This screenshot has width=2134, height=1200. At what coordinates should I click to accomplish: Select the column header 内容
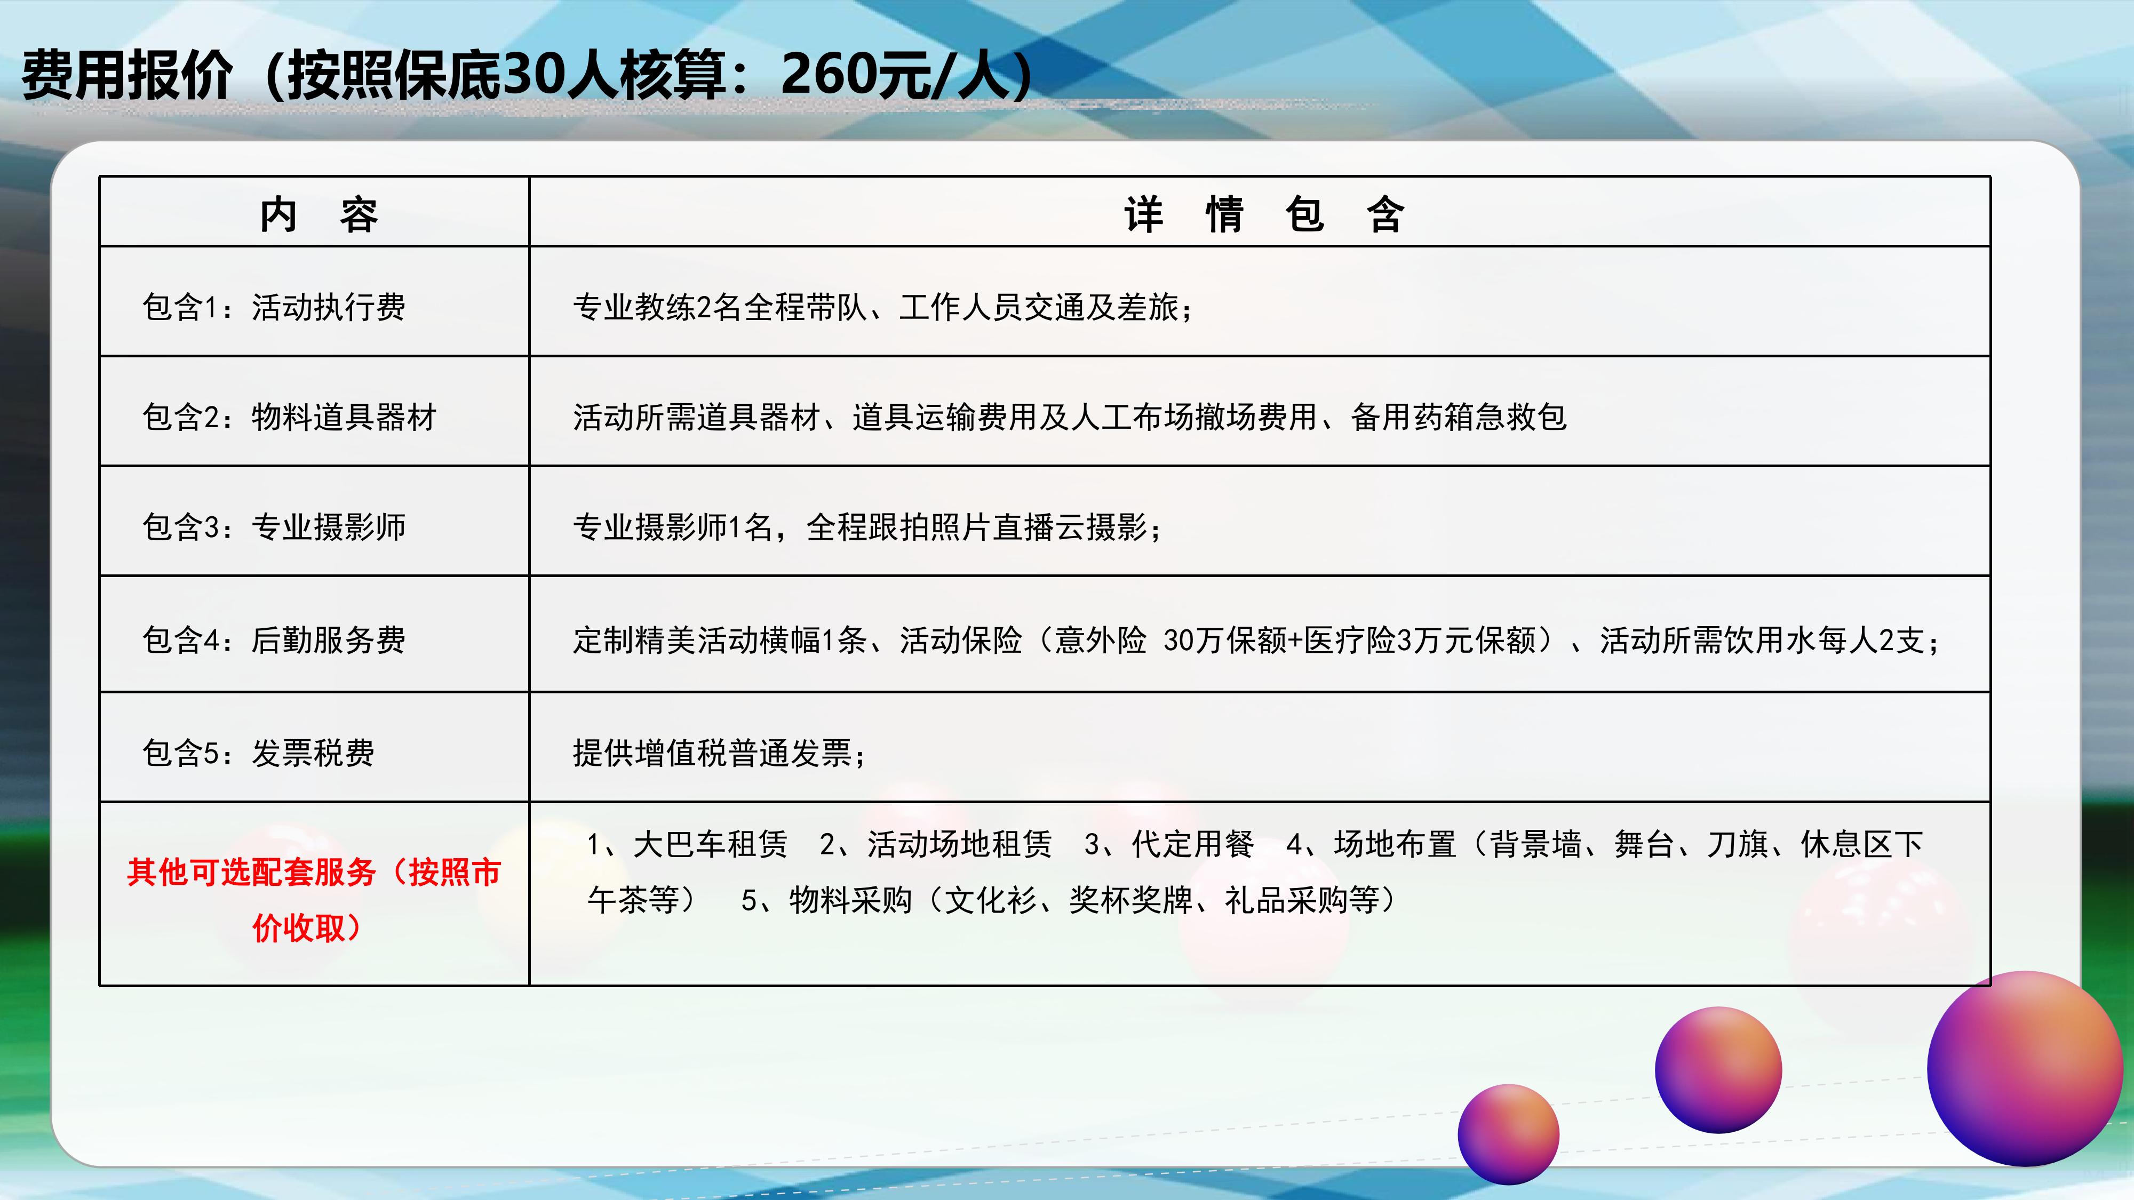[319, 214]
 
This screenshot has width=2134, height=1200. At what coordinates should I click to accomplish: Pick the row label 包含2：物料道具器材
[289, 417]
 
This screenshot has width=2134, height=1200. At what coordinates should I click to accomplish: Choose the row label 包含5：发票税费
[258, 753]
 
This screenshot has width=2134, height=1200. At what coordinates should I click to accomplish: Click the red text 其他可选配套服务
[252, 872]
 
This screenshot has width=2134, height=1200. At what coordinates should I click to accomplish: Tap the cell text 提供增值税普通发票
[712, 753]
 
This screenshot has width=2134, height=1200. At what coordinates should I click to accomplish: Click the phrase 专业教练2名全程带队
[719, 307]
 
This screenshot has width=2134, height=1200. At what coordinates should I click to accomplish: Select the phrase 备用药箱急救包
[1459, 417]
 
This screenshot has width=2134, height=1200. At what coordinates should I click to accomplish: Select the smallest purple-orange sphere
[1509, 1134]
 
